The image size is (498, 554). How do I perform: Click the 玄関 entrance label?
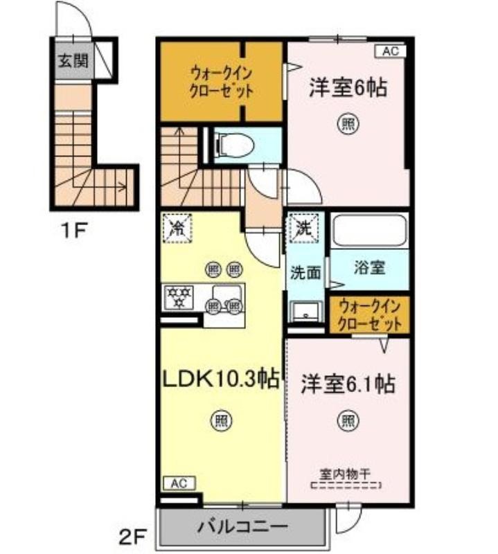coord(73,61)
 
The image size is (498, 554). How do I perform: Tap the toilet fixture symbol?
coord(234,145)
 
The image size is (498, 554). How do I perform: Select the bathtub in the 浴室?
coord(369,230)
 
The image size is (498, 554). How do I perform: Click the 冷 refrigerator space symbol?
coord(177,229)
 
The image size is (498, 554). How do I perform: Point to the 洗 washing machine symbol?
coord(304,229)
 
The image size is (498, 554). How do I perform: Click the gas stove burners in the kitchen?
coord(179,297)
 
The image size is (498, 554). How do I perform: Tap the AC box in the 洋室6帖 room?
coord(391,51)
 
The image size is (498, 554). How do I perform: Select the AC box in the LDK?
coord(179,483)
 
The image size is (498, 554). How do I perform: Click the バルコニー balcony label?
coord(242,528)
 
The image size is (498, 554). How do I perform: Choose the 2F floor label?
coord(132,538)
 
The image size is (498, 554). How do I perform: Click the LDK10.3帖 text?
coord(221,378)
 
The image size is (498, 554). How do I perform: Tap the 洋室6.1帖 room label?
coord(348,384)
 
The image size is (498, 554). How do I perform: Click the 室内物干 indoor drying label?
coord(345,474)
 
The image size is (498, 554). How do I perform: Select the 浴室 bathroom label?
coord(369,267)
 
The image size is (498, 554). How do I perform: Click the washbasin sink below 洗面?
coord(305,312)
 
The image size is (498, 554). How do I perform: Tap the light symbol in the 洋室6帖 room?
coord(348,124)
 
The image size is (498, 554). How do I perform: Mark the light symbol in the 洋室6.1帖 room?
coord(348,420)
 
